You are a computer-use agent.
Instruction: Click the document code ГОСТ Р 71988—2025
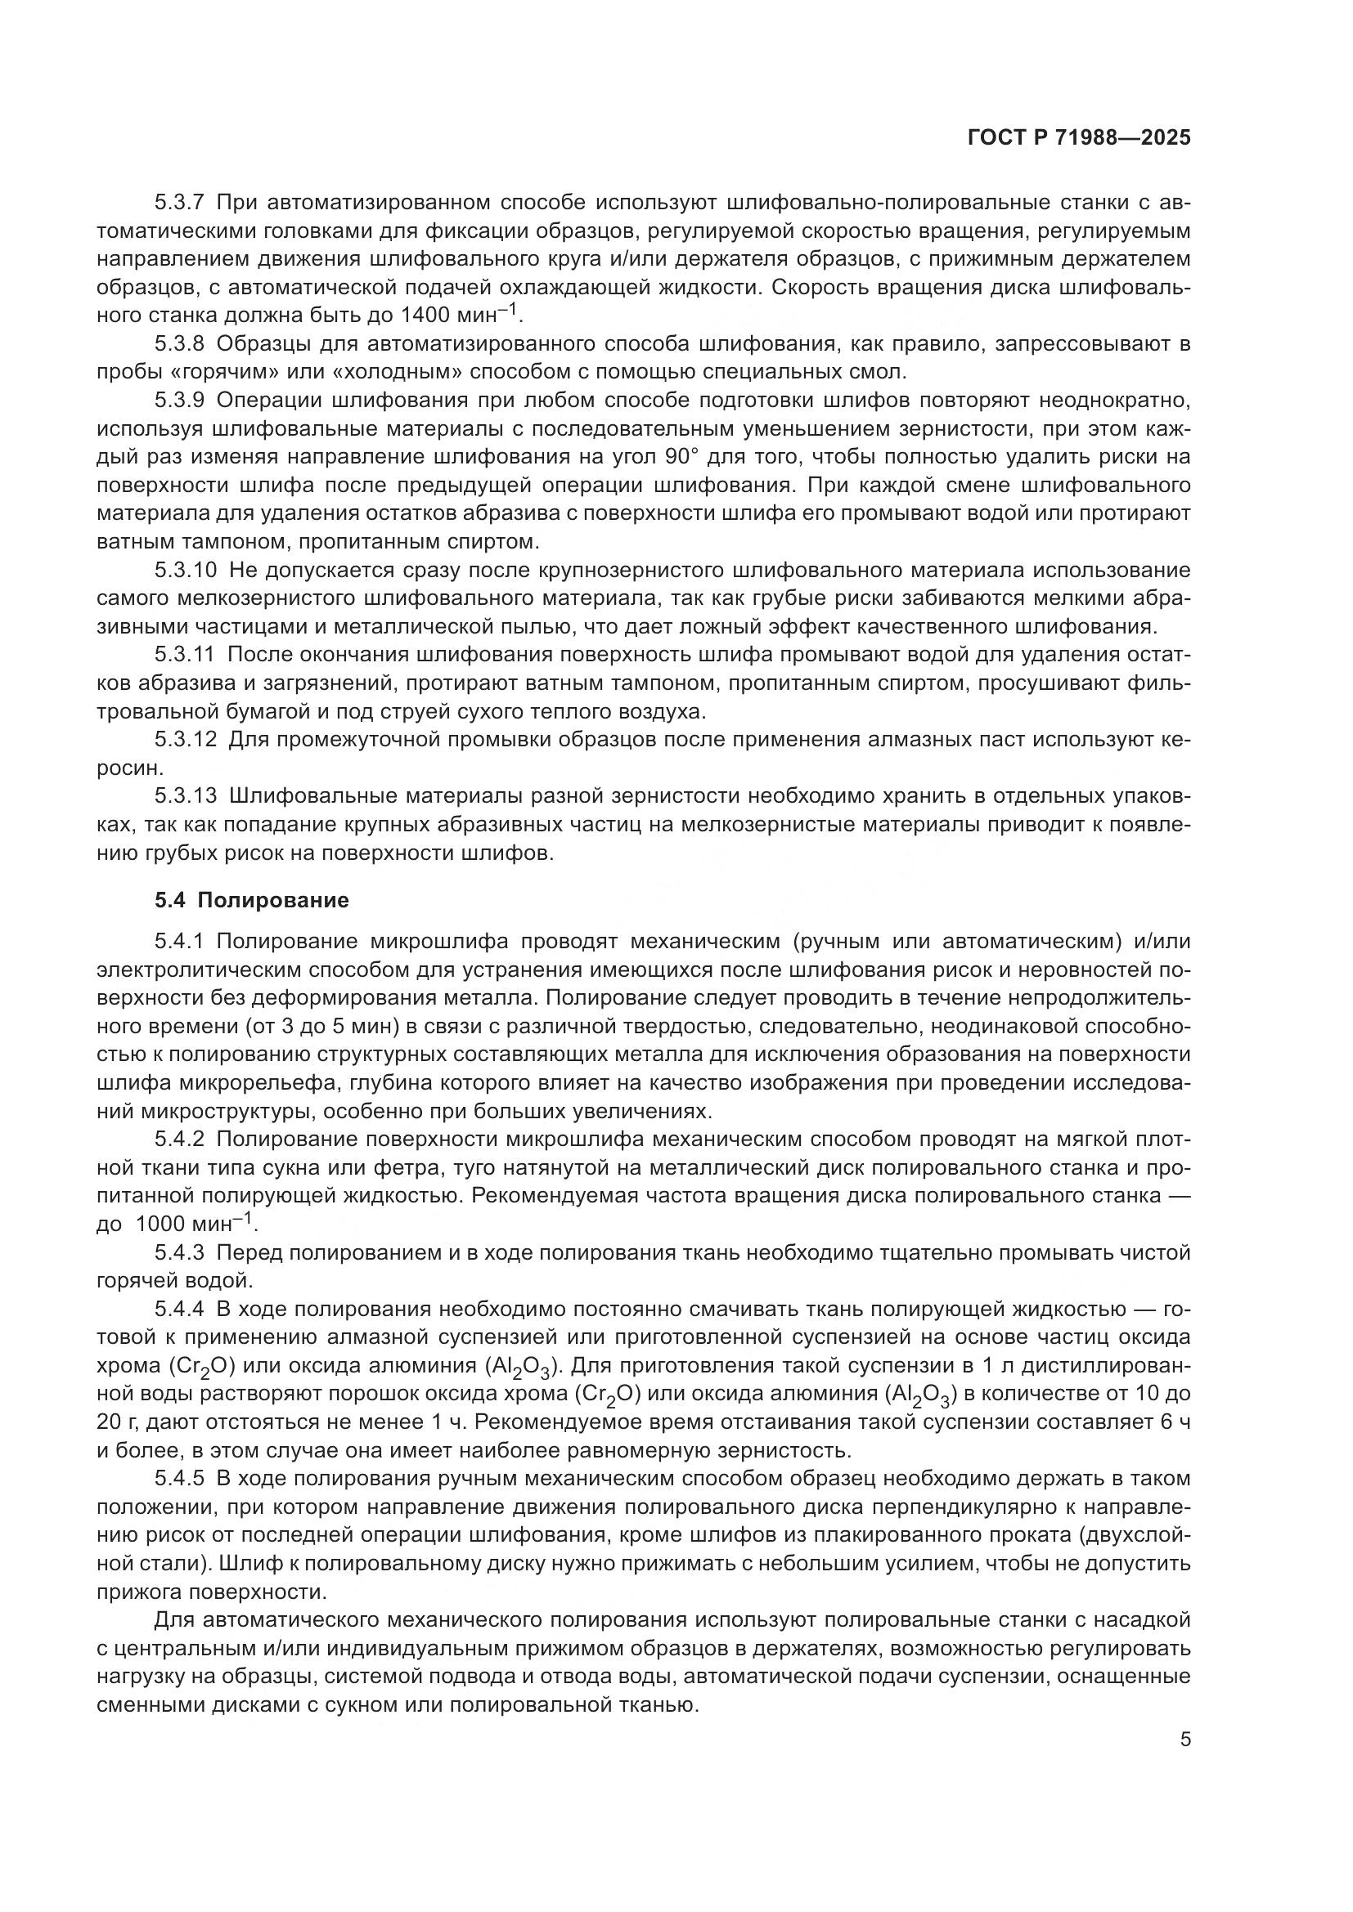click(1078, 138)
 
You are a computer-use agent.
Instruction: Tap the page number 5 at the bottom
click(1184, 1740)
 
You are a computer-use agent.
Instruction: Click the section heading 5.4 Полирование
click(252, 900)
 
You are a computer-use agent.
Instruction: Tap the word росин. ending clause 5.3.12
click(124, 768)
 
